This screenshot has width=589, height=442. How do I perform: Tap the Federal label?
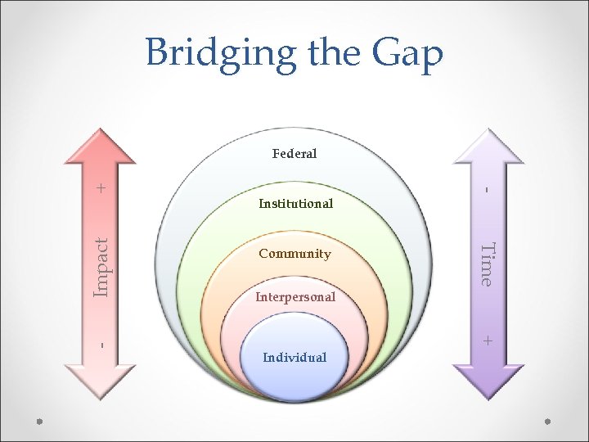coord(294,153)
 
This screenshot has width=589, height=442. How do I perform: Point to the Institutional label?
coord(295,203)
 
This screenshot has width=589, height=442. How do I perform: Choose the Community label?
coord(294,254)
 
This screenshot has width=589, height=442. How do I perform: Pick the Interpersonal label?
coord(295,297)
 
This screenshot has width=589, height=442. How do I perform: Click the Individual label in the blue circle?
coord(294,357)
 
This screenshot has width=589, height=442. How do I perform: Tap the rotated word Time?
coord(487,264)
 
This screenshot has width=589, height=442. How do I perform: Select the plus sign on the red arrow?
coord(101,188)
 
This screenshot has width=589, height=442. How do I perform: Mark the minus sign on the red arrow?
coord(101,345)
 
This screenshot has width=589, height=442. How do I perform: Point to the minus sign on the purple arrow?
coord(487,190)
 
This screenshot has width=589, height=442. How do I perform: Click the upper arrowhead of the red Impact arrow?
coord(101,147)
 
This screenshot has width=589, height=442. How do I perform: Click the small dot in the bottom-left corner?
coord(39,422)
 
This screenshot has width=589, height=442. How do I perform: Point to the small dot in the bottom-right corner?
coord(548,422)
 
